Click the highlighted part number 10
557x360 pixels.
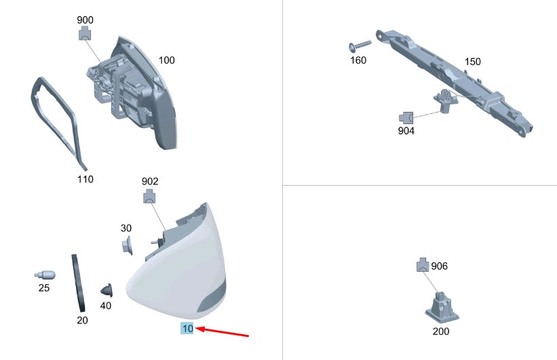pyautogui.click(x=187, y=328)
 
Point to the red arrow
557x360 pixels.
pyautogui.click(x=222, y=332)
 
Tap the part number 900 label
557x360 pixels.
pyautogui.click(x=85, y=20)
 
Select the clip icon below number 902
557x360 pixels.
pyautogui.click(x=149, y=197)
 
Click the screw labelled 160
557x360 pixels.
pyautogui.click(x=360, y=45)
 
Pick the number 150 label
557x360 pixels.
pyautogui.click(x=472, y=62)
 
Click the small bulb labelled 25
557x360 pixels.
pyautogui.click(x=45, y=275)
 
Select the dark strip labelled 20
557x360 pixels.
pyautogui.click(x=79, y=283)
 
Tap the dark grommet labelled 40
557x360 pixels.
pyautogui.click(x=107, y=290)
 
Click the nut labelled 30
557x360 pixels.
pyautogui.click(x=127, y=245)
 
